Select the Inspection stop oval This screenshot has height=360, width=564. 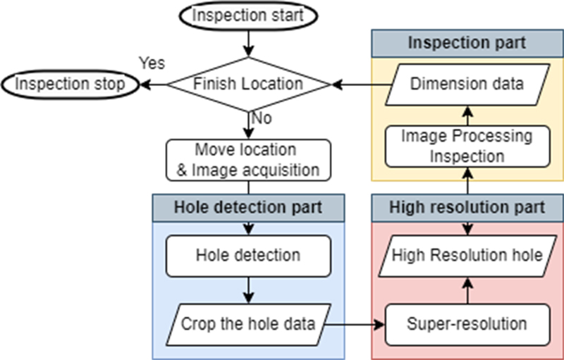69,84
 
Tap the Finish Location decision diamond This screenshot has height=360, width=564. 249,84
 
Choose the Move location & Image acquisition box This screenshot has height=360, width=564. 249,160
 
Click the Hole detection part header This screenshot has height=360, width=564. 248,208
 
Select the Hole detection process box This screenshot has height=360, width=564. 248,254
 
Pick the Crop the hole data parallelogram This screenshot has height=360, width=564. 248,325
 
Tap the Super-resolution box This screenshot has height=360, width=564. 467,325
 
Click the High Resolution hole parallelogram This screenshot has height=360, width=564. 467,254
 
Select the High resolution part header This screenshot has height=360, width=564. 467,208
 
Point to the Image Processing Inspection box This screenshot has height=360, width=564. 467,145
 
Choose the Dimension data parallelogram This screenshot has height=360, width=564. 467,85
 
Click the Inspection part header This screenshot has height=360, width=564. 467,42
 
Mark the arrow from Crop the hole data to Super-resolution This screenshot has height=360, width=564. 357,325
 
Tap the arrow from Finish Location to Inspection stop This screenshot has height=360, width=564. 153,84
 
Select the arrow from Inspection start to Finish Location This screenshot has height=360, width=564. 249,44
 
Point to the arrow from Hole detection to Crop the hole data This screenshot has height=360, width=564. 249,289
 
